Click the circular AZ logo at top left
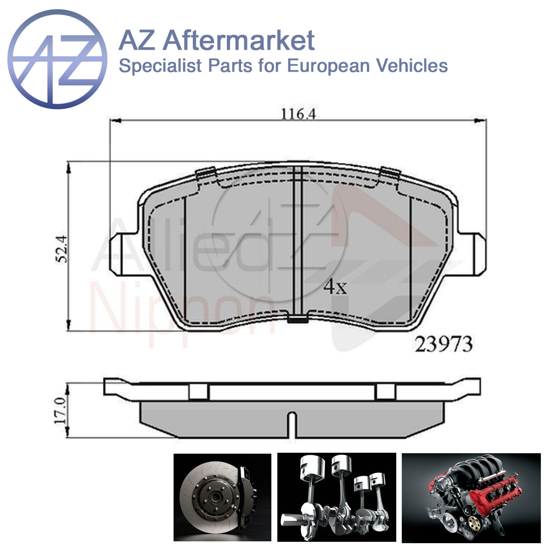tap(57, 59)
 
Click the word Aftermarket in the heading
tap(239, 41)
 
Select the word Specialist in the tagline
tap(160, 66)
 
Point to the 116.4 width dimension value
tap(298, 114)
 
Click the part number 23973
tap(444, 344)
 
